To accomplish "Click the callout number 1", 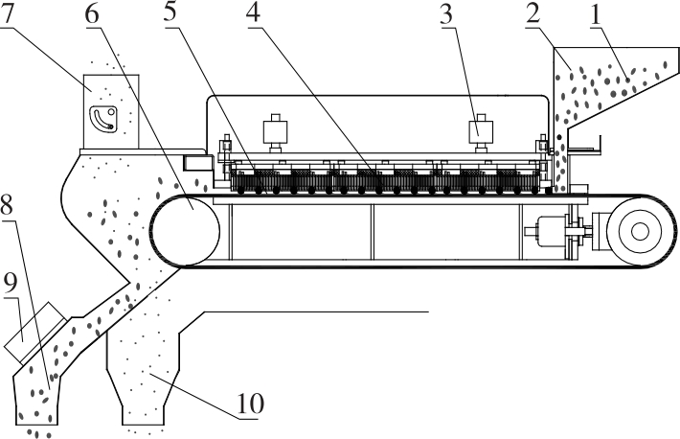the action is tap(596, 14).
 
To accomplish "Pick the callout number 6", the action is tap(92, 14).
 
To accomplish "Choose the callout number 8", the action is tap(7, 205).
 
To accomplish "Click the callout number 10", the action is tap(250, 404).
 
